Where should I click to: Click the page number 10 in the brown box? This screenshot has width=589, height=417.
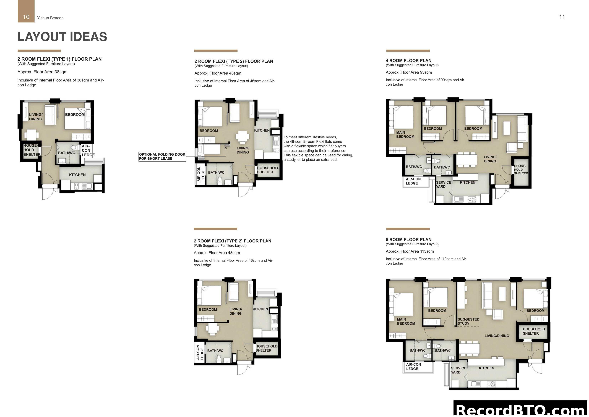tap(26, 17)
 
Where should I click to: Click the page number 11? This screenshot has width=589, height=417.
tap(562, 17)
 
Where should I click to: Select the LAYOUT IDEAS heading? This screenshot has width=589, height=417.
tap(62, 37)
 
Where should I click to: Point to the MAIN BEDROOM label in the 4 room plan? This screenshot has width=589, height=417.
tap(405, 134)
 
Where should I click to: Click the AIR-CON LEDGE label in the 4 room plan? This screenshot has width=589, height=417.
tap(413, 181)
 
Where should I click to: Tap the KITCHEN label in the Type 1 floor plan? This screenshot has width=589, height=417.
tap(77, 175)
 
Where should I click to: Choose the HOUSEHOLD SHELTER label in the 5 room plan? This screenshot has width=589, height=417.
tap(534, 331)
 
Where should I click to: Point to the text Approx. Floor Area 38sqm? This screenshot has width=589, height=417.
tap(42, 72)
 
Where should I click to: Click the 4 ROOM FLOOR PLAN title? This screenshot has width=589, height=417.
tap(408, 61)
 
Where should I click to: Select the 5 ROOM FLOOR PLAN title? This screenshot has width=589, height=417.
tap(408, 239)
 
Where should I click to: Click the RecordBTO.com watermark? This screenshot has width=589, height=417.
tap(521, 410)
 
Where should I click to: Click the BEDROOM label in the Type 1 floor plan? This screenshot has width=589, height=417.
tap(75, 115)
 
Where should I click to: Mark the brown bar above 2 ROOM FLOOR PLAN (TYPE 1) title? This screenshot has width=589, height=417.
tap(39, 51)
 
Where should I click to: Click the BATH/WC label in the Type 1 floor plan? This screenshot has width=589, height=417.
tap(66, 153)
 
